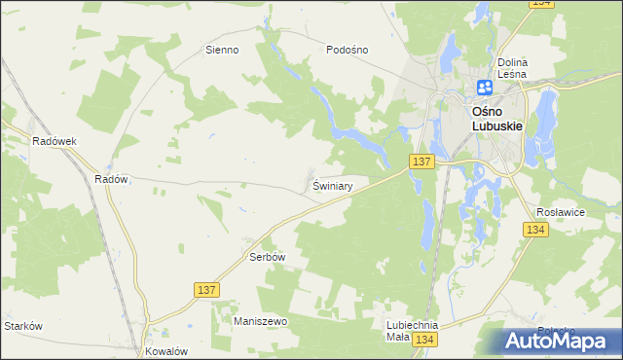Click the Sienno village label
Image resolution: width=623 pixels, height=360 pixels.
pyautogui.click(x=222, y=50)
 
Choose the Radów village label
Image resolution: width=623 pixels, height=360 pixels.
pyautogui.click(x=112, y=179)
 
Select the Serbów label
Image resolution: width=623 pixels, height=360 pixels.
pyautogui.click(x=266, y=258)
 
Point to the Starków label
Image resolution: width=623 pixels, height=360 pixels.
pyautogui.click(x=23, y=326)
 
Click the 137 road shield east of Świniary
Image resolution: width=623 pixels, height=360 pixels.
pyautogui.click(x=421, y=162)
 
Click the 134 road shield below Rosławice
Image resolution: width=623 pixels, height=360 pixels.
pyautogui.click(x=534, y=230)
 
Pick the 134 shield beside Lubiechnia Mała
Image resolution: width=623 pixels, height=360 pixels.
pyautogui.click(x=423, y=340)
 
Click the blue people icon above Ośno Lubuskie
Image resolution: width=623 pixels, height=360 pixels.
pyautogui.click(x=484, y=89)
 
